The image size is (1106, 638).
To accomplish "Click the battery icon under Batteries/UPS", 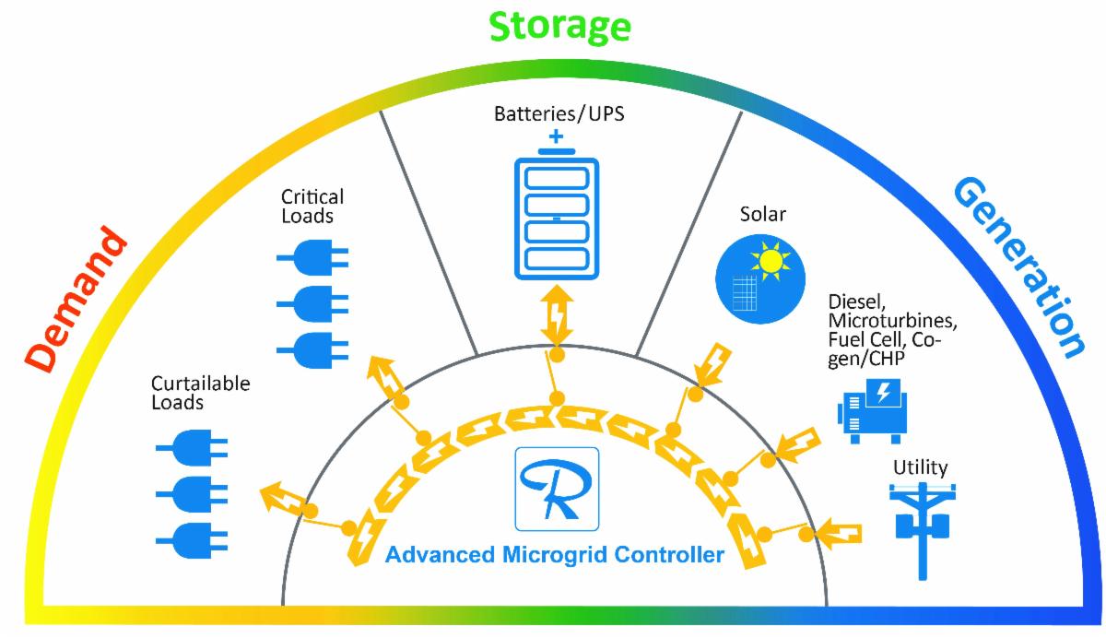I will click(x=556, y=218).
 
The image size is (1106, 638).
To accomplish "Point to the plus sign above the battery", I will click(x=556, y=137).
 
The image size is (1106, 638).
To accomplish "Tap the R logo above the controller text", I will click(x=557, y=488).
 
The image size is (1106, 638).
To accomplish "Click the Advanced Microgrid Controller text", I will click(x=554, y=556).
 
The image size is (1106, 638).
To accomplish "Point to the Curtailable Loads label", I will click(x=202, y=392).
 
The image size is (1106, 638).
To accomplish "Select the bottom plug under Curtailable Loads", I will click(x=193, y=538).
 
